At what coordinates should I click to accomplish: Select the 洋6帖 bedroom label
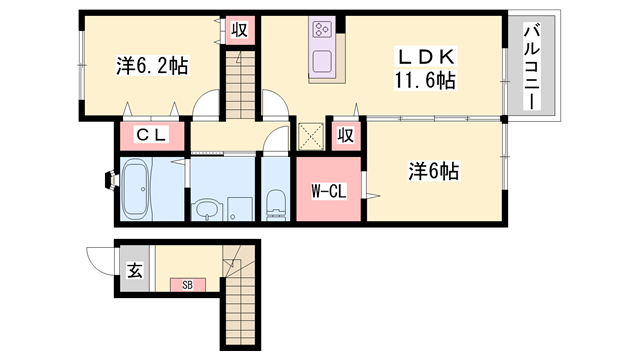(x=431, y=172)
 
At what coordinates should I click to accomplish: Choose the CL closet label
(x=152, y=134)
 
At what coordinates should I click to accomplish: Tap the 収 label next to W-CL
(x=344, y=134)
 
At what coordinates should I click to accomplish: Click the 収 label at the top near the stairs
(x=240, y=29)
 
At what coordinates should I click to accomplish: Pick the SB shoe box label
(x=187, y=285)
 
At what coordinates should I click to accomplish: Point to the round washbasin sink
(x=206, y=209)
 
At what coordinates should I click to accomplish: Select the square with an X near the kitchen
(x=311, y=135)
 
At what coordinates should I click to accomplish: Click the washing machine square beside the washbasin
(x=238, y=208)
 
